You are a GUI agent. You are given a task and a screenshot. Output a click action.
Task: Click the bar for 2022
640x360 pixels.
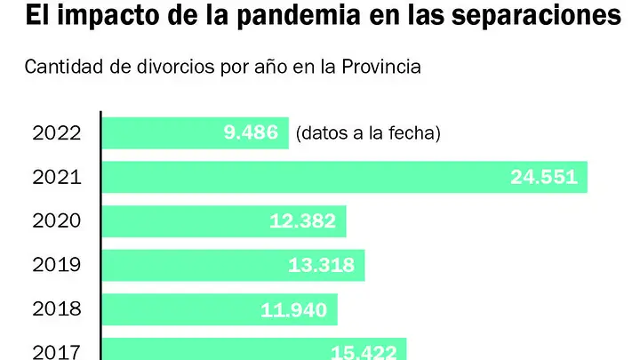(x=196, y=133)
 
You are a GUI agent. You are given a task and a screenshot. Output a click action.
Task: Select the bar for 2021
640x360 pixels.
(x=345, y=177)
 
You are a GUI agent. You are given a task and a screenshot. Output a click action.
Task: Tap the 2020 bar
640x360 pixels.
(x=225, y=221)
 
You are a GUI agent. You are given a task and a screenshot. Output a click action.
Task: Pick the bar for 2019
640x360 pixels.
(x=234, y=265)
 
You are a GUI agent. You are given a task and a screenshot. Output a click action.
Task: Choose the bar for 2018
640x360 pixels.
(x=220, y=309)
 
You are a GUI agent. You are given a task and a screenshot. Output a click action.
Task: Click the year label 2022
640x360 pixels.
(x=57, y=133)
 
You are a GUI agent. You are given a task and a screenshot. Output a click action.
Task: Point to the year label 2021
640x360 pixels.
(x=57, y=178)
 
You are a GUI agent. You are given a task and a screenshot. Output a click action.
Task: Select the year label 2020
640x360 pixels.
(x=57, y=221)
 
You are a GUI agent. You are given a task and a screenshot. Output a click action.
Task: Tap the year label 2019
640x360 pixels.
(x=57, y=265)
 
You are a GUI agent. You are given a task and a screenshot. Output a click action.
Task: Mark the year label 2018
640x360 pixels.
(x=57, y=309)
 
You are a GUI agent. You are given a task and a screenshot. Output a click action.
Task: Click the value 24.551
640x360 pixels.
(x=544, y=177)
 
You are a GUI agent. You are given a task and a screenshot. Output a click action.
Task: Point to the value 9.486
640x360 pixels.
(x=251, y=132)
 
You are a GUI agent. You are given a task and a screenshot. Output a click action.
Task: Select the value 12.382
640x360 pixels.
(x=302, y=221)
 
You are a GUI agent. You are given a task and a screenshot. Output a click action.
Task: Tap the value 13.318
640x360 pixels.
(x=321, y=265)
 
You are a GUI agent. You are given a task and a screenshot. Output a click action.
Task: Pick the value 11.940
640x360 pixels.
(x=294, y=310)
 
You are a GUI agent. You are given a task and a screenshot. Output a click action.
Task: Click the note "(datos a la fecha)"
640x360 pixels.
(x=368, y=133)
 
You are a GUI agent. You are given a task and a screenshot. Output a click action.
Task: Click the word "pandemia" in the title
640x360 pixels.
(x=299, y=16)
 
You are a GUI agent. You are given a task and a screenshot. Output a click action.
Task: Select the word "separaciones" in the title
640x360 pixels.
(x=536, y=16)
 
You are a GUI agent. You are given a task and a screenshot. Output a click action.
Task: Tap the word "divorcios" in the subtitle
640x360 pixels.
(x=176, y=67)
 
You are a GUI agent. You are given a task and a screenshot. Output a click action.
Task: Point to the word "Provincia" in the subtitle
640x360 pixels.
(x=381, y=67)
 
